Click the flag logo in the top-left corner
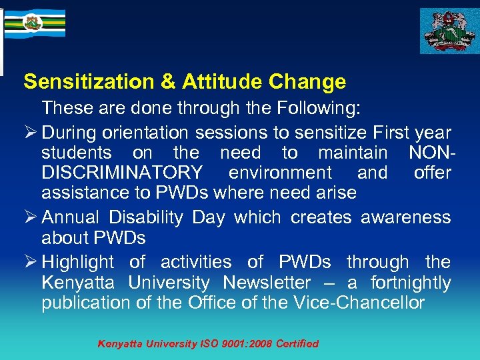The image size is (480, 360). pos(35,23)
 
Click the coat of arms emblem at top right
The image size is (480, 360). pos(448,31)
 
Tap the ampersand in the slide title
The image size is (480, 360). pos(168,82)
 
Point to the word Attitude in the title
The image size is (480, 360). pos(222,82)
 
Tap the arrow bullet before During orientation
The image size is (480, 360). pos(29,133)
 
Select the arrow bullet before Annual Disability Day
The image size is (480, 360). pos(29,217)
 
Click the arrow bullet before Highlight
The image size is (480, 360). pos(29,262)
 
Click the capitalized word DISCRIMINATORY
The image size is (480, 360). pos(122,173)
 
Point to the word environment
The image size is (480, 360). pos(280,173)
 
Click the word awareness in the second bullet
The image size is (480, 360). pos(406,217)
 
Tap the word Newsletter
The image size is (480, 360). pos(267,283)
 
